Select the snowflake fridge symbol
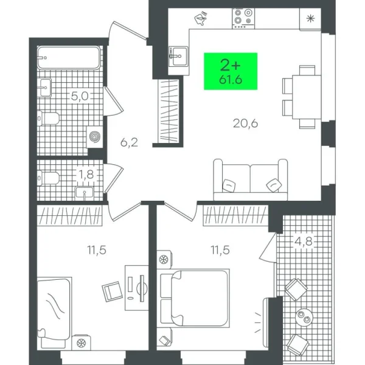pyautogui.click(x=312, y=18)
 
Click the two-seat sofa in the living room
pyautogui.click(x=251, y=180)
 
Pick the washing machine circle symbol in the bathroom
pyautogui.click(x=95, y=137)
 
